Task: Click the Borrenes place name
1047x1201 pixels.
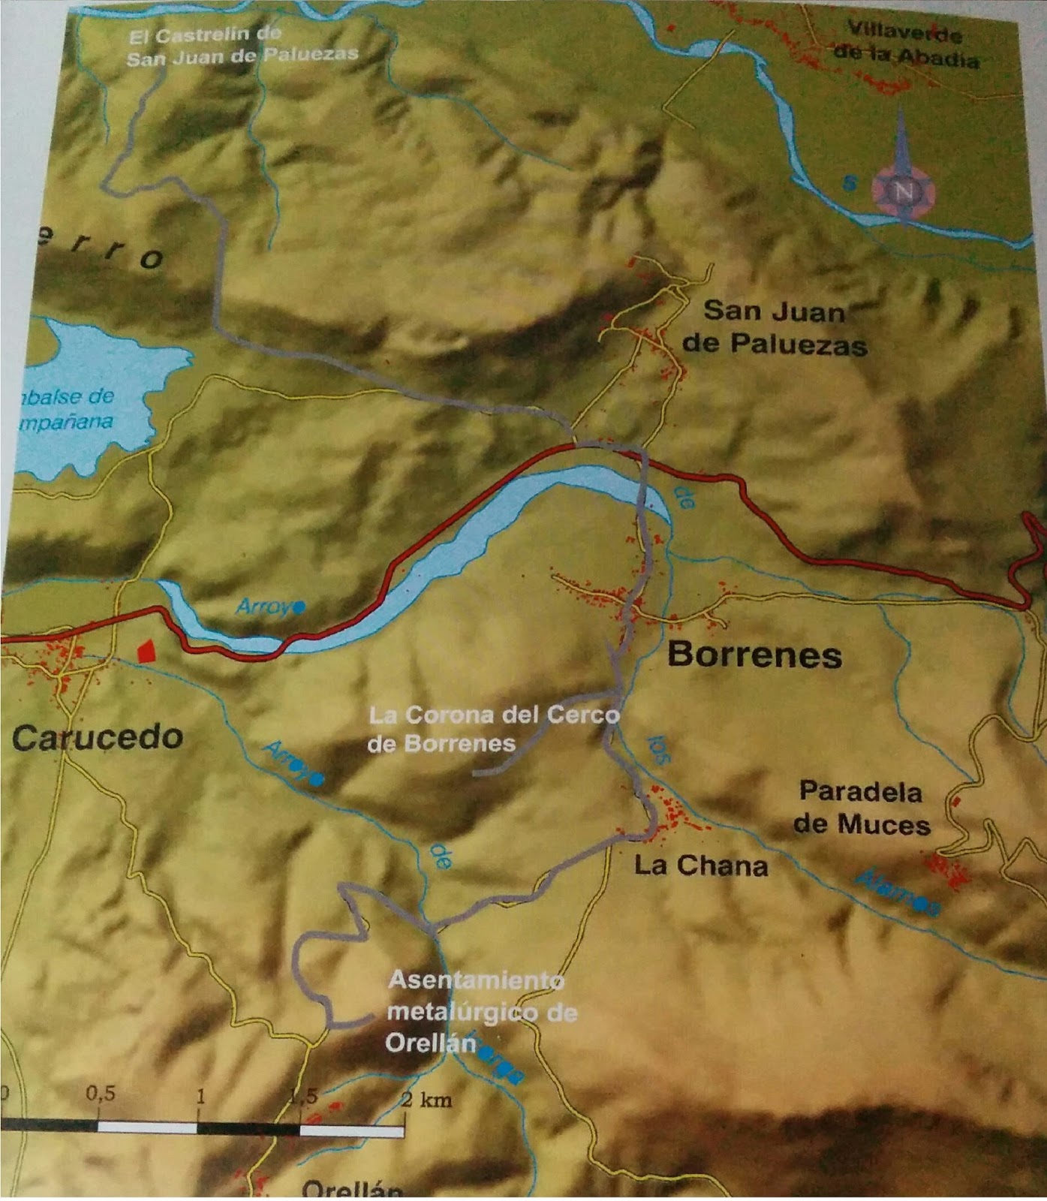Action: coord(754,655)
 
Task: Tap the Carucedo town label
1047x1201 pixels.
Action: coord(98,737)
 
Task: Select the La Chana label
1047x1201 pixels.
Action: coord(701,865)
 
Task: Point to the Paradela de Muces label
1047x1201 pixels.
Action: coord(862,808)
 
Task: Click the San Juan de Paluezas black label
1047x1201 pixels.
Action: coord(775,327)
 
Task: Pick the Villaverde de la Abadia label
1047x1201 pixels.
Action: coord(906,46)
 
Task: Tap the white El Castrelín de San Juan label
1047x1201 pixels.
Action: coord(242,45)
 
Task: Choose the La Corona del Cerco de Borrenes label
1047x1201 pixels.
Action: coord(493,728)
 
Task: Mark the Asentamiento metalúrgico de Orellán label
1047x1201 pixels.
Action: coord(480,1011)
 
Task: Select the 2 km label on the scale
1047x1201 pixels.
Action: coord(426,1100)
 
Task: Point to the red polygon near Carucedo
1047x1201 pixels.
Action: coord(147,650)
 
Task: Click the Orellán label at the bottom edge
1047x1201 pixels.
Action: coord(352,1190)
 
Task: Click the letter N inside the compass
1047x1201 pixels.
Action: coord(904,192)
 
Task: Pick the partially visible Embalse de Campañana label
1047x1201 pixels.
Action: coord(68,409)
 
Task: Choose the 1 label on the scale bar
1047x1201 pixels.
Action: coord(200,1095)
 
